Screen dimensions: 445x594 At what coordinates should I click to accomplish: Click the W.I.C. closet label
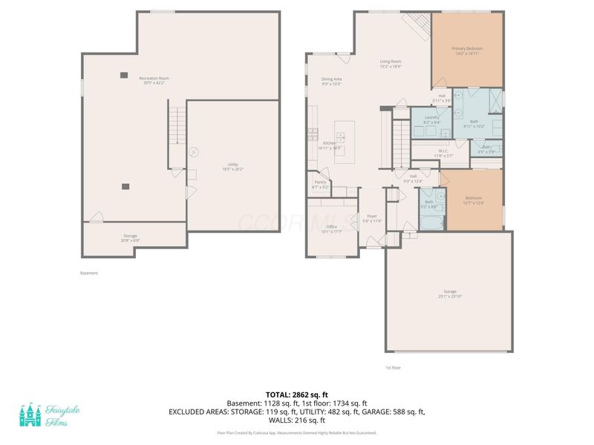(x=443, y=154)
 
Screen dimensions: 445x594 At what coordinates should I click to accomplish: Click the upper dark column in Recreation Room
(x=123, y=75)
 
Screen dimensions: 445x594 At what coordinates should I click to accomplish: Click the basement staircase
(x=176, y=126)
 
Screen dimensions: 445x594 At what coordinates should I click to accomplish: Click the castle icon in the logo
(x=30, y=415)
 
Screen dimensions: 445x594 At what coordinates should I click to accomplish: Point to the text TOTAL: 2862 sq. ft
(x=297, y=394)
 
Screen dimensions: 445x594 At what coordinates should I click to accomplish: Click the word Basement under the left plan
(x=88, y=273)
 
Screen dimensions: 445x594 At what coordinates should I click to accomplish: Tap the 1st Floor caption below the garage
(x=393, y=367)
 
